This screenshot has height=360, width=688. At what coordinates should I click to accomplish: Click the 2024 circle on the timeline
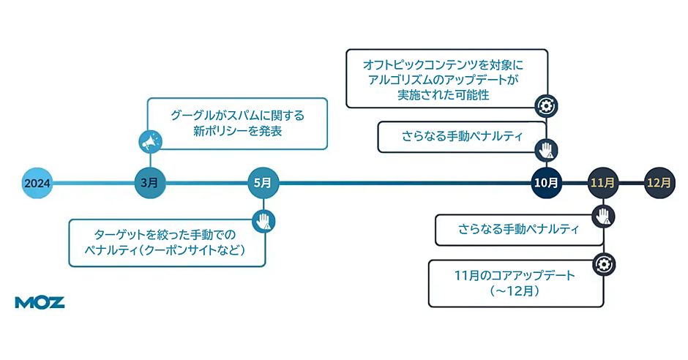(37, 183)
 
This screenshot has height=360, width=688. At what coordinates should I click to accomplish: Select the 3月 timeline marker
(150, 183)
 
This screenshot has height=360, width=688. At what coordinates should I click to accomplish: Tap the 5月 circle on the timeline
(263, 183)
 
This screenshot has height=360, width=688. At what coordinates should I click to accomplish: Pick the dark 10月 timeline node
(547, 183)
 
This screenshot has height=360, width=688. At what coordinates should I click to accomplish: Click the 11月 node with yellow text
(603, 183)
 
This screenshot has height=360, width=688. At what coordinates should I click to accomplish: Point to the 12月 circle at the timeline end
(659, 183)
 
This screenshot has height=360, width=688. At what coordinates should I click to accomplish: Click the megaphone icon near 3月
(150, 141)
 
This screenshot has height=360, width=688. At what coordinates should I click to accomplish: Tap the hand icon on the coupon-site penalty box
(263, 220)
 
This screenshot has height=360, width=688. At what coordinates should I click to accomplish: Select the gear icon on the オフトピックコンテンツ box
(545, 106)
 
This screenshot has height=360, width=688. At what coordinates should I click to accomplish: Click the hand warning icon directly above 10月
(546, 150)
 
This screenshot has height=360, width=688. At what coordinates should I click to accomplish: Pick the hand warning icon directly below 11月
(603, 216)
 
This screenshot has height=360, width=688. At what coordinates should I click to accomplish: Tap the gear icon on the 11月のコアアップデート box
(603, 263)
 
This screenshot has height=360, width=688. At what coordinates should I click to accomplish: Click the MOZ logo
(40, 302)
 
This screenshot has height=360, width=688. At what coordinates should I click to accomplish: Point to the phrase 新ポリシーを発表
(237, 132)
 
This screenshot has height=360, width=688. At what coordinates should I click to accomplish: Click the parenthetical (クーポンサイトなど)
(192, 250)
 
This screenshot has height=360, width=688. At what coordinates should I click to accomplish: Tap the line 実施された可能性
(444, 95)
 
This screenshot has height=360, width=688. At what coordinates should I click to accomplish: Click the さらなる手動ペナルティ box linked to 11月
(518, 229)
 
